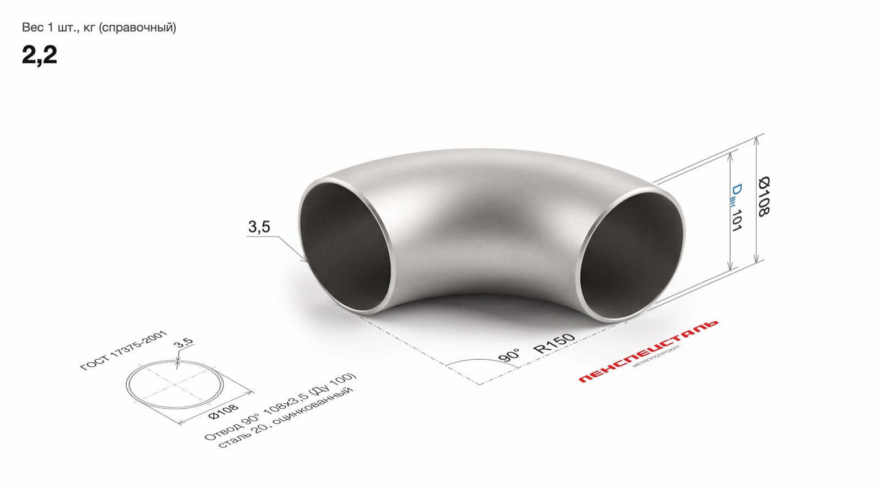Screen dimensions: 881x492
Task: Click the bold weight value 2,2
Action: point(39,55)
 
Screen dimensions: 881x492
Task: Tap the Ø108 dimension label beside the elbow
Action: point(763,196)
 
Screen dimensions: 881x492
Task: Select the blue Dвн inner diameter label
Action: point(735,195)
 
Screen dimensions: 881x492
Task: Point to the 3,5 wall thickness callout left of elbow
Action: point(259,226)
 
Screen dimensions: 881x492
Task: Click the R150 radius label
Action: point(554,343)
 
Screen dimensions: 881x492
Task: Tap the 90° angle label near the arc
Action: point(509,355)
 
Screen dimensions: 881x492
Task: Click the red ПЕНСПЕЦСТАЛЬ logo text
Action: point(648,351)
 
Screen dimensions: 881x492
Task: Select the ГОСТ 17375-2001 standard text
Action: point(123,350)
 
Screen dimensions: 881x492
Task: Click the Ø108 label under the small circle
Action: point(224,412)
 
